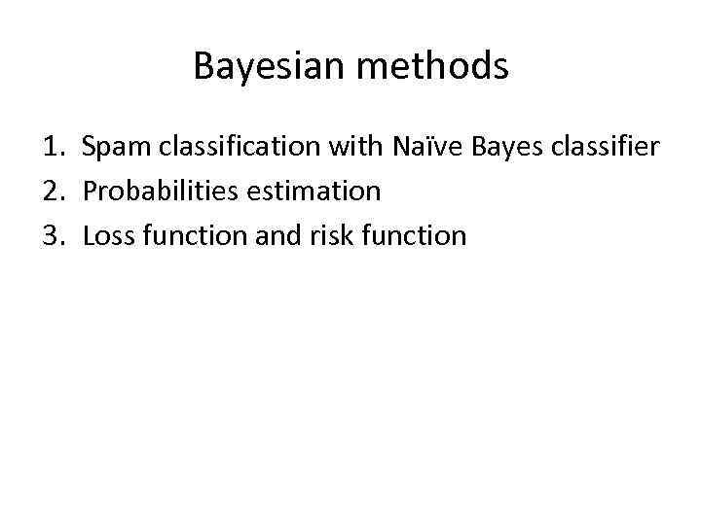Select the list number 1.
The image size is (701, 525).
tap(51, 147)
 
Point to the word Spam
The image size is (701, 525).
tap(112, 148)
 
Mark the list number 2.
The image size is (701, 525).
tap(51, 192)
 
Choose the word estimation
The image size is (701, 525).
tap(315, 192)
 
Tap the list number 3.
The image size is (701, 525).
tap(51, 235)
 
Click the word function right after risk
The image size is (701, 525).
tap(404, 235)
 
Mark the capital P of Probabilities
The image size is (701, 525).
tap(90, 192)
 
